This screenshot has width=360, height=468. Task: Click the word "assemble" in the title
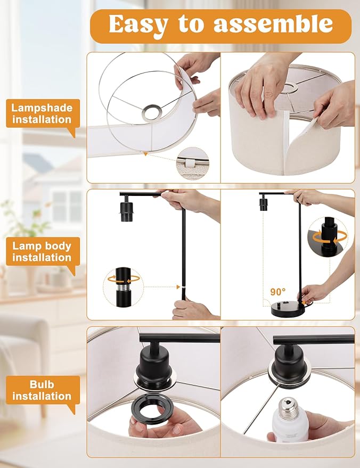point(273,24)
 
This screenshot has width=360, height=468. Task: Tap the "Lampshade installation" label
point(42,113)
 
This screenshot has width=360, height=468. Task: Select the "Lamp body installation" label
point(42,251)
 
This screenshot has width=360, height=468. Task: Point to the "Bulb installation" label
point(42,390)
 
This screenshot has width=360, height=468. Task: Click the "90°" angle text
point(277,292)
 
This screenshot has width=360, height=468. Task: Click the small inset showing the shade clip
point(192,161)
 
